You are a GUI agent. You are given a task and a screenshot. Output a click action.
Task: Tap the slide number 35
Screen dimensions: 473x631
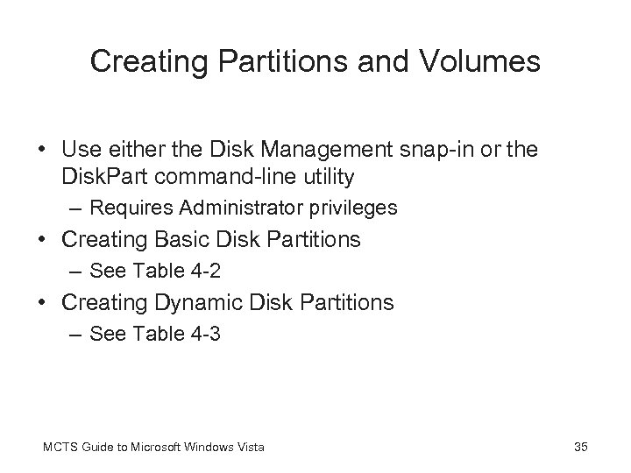[579, 448]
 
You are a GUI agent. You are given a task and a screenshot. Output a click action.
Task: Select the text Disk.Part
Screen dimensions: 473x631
[105, 178]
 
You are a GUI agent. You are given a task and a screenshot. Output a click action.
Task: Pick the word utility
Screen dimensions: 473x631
[325, 178]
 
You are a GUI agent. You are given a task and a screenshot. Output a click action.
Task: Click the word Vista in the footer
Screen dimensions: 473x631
[249, 448]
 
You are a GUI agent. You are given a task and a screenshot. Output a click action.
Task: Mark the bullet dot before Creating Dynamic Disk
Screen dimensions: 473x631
[44, 303]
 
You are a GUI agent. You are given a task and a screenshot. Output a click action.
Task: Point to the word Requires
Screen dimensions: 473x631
[123, 208]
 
